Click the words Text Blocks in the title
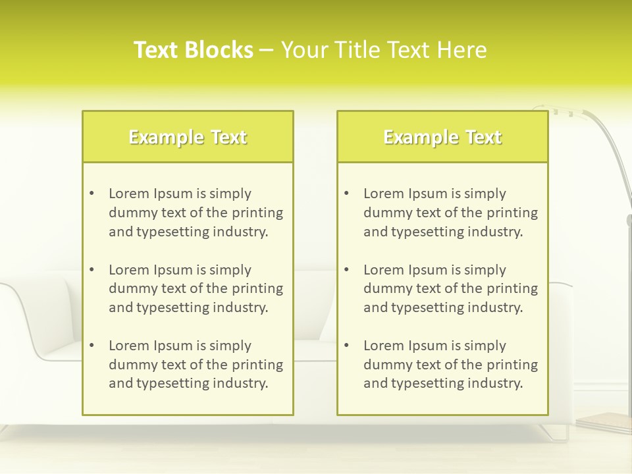pos(193,50)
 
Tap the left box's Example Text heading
pos(188,137)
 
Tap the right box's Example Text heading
pos(442,137)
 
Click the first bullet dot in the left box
pos(92,194)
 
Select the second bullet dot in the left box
pos(92,270)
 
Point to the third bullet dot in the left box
pos(92,346)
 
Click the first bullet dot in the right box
pos(346,194)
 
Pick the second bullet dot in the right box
pos(346,270)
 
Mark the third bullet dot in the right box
pos(346,346)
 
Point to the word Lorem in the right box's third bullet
pos(383,346)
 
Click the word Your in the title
pos(302,50)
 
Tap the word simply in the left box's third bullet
pos(231,346)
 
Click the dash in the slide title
pos(267,50)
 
